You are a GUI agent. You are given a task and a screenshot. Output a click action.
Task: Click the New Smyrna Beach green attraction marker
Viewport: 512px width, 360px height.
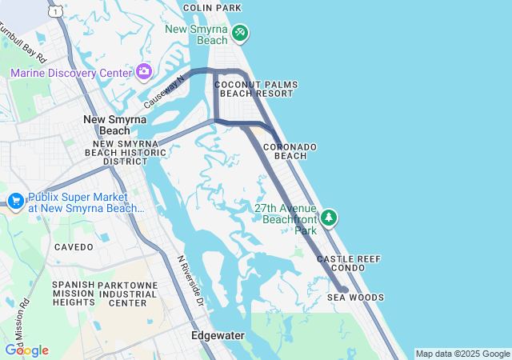[x=240, y=34]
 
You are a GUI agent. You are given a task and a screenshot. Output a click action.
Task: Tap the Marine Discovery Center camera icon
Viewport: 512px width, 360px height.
[x=144, y=73]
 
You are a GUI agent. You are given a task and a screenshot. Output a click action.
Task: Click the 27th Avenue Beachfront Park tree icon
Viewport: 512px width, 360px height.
[x=329, y=218]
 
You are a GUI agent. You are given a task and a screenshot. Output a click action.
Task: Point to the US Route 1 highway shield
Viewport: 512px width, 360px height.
[x=54, y=10]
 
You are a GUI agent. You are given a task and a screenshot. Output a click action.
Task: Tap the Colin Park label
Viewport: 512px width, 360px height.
[x=212, y=8]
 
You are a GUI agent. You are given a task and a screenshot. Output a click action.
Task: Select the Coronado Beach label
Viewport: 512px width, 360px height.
[x=290, y=151]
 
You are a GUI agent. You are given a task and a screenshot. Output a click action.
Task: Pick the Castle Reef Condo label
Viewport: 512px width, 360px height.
[x=349, y=264]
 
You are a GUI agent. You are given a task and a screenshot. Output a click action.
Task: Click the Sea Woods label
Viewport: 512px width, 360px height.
[x=355, y=297]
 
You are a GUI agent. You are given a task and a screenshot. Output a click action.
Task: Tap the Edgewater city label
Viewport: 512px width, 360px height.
[x=218, y=336]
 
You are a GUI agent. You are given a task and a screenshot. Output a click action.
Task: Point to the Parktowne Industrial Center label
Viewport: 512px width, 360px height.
[x=127, y=294]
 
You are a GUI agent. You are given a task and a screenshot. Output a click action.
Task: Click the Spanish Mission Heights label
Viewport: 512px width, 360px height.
[x=74, y=294]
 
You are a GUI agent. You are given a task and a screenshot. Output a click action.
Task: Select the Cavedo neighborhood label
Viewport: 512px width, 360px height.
[x=74, y=247]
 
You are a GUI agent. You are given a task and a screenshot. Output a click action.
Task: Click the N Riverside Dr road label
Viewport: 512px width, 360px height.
[x=191, y=280]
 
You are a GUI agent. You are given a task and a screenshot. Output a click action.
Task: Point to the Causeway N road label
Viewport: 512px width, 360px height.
[x=164, y=91]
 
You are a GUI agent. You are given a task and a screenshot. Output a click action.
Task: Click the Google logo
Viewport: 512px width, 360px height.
[x=26, y=350]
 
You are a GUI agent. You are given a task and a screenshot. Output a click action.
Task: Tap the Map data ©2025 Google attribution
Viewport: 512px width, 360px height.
[x=462, y=354]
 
